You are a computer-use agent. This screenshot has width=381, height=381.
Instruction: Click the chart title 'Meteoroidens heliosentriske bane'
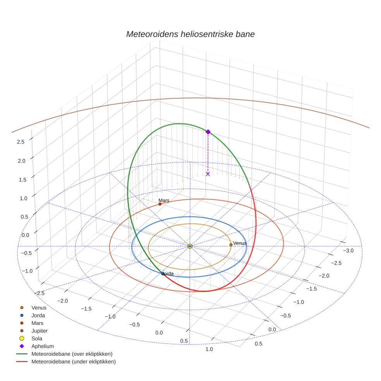pyautogui.click(x=190, y=34)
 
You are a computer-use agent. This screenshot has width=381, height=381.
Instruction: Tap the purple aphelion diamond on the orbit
pyautogui.click(x=208, y=132)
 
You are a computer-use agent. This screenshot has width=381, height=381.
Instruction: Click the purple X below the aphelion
pyautogui.click(x=208, y=174)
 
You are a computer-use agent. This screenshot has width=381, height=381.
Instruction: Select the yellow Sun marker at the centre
pyautogui.click(x=190, y=246)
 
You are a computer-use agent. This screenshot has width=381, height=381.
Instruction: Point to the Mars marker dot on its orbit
pyautogui.click(x=160, y=204)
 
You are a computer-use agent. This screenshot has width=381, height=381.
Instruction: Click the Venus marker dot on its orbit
pyautogui.click(x=231, y=245)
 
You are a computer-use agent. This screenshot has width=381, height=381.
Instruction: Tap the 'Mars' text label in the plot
pyautogui.click(x=164, y=201)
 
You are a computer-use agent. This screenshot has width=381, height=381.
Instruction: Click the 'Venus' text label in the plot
pyautogui.click(x=240, y=243)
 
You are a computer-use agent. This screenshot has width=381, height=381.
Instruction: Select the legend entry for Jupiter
pyautogui.click(x=39, y=331)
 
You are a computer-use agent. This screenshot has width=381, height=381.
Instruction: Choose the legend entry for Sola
pyautogui.click(x=36, y=339)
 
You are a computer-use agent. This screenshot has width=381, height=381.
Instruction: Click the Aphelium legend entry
pyautogui.click(x=42, y=346)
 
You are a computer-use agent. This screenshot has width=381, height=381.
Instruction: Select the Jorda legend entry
pyautogui.click(x=38, y=316)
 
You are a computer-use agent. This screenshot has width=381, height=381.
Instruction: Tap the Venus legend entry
pyautogui.click(x=39, y=308)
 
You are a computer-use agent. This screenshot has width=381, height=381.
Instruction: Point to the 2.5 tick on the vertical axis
pyautogui.click(x=21, y=142)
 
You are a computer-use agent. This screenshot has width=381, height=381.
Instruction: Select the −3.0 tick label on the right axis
pyautogui.click(x=348, y=251)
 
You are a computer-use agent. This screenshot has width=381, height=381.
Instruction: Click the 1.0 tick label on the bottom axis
pyautogui.click(x=209, y=349)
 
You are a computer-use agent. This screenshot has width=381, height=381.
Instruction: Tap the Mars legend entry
pyautogui.click(x=37, y=323)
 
